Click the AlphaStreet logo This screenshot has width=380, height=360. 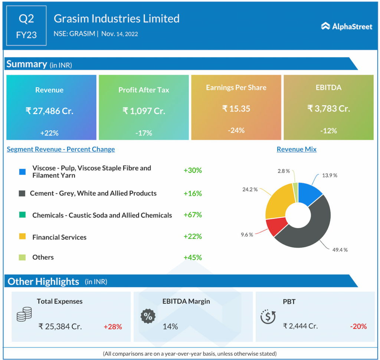pos(346,26)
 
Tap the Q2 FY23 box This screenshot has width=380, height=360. pos(26,26)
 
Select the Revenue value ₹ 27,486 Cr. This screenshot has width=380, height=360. pos(49,111)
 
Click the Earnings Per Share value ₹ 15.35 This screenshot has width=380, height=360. pos(236,108)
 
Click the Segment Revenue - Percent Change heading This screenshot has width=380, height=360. pos(61,149)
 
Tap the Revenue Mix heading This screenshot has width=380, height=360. pos(297,149)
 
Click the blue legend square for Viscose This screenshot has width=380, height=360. pos(22,172)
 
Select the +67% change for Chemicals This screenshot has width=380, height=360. pos(193,215)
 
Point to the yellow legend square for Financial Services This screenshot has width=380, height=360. pos(22,236)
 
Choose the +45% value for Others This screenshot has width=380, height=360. pos(193,257)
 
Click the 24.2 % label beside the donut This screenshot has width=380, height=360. pos(249,189)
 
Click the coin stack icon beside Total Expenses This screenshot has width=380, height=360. pos(24,314)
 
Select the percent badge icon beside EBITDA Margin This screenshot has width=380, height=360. pos(148,316)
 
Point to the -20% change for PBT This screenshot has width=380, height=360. pos(358,326)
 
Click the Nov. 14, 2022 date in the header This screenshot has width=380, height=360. pos(119,34)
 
